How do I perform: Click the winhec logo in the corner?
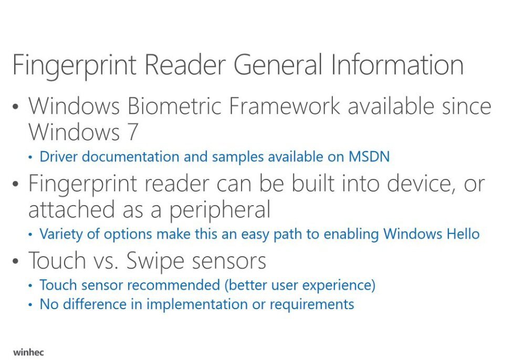29,351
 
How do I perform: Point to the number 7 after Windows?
131,132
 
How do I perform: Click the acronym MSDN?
369,156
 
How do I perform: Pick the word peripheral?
220,210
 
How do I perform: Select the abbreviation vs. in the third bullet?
100,260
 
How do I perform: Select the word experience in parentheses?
339,285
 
